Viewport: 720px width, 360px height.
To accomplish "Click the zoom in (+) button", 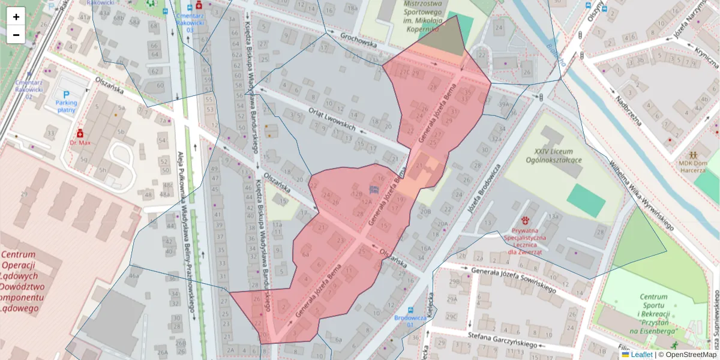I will click(16, 17).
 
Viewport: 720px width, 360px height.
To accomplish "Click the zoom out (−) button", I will click(16, 35).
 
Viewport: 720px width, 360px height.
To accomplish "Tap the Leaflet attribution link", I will click(641, 355).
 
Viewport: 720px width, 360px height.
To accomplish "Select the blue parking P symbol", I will click(67, 95).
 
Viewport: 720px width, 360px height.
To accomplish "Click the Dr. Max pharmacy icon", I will click(79, 133).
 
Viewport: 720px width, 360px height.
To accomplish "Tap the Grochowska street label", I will click(358, 44).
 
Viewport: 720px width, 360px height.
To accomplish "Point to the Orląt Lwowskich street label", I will click(331, 120).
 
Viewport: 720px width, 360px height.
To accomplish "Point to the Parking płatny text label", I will click(66, 106).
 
